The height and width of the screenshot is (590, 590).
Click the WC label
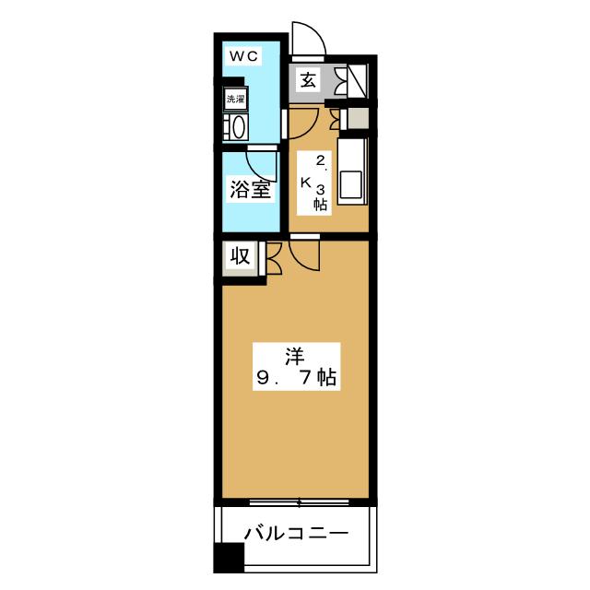pyautogui.click(x=244, y=56)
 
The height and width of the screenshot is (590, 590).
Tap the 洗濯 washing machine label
pyautogui.click(x=235, y=100)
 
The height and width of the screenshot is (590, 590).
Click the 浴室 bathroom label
pyautogui.click(x=249, y=191)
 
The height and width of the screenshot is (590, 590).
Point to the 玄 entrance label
pyautogui.click(x=308, y=80)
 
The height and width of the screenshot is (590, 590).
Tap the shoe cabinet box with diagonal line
pyautogui.click(x=357, y=80)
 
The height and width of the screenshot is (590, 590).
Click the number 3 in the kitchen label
pyautogui.click(x=321, y=190)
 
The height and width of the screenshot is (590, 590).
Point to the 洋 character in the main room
pyautogui.click(x=294, y=353)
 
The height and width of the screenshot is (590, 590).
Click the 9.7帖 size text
pyautogui.click(x=294, y=377)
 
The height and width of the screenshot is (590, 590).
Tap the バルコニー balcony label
pyautogui.click(x=295, y=533)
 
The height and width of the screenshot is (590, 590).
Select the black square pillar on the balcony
pyautogui.click(x=227, y=558)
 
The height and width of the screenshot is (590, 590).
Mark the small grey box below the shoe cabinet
pyautogui.click(x=356, y=118)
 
